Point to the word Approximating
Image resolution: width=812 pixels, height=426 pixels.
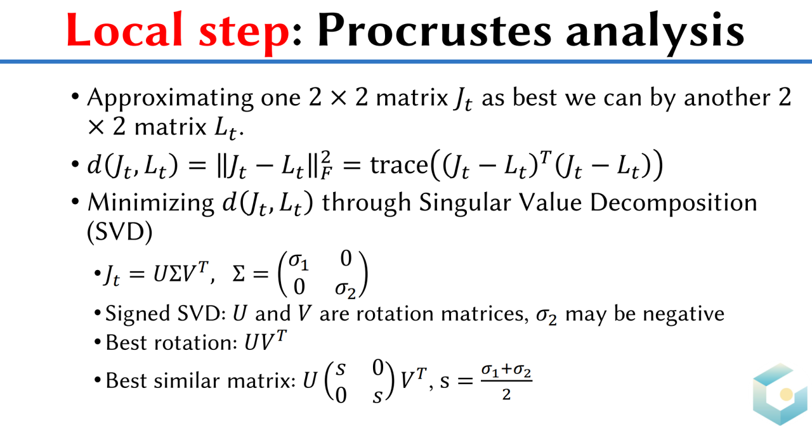[170, 98]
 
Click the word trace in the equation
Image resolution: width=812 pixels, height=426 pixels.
[399, 165]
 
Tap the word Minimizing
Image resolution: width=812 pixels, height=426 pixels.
[151, 203]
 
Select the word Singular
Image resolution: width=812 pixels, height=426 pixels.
[465, 202]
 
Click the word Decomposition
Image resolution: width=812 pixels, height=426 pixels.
[674, 203]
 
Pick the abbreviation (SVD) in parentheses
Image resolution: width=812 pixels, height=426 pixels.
[120, 231]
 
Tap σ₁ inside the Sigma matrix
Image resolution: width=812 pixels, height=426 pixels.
[299, 261]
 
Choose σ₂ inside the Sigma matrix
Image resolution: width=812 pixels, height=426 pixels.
[345, 290]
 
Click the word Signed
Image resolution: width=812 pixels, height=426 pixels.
[138, 314]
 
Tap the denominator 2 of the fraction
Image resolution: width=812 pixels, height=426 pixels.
[506, 394]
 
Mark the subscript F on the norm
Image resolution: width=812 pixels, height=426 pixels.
[326, 174]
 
